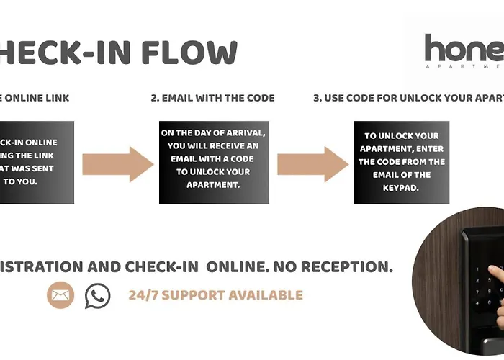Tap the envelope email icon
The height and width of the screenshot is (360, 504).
[x=61, y=294]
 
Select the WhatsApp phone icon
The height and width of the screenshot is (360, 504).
[x=97, y=295]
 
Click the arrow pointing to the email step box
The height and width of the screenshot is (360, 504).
[x=117, y=164]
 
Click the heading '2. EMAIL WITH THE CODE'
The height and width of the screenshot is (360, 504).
[x=212, y=98]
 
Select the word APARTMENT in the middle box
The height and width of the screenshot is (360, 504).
[x=214, y=185]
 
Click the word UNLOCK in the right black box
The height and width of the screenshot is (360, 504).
[x=385, y=136]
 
